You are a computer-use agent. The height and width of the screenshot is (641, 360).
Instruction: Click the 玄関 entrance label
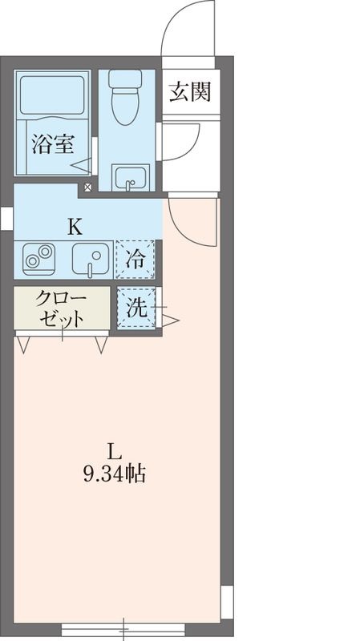(x=190, y=93)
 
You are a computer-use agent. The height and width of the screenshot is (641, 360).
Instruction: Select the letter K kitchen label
(x=75, y=225)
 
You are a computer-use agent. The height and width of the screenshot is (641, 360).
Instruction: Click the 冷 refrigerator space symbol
(x=136, y=259)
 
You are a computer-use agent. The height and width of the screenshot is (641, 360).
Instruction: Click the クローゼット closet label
(x=60, y=308)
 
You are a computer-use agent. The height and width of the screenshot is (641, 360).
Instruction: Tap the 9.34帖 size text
(x=113, y=474)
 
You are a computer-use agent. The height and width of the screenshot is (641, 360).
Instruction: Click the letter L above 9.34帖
(x=113, y=450)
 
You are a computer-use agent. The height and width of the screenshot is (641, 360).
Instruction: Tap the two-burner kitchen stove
(x=38, y=259)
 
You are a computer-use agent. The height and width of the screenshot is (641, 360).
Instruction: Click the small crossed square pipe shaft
(x=87, y=188)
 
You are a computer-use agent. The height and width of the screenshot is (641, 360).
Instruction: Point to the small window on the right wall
(x=228, y=597)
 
